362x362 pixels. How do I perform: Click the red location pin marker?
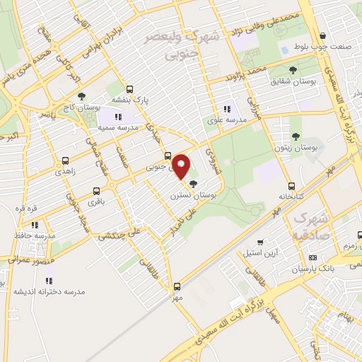(x=181, y=166)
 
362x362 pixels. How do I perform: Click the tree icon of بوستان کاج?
(x=81, y=96)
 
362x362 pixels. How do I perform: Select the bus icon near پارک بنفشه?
(x=129, y=90)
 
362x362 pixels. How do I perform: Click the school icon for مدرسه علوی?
(x=227, y=109)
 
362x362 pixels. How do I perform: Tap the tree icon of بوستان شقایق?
(x=293, y=69)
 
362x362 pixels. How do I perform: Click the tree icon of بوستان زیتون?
(x=296, y=136)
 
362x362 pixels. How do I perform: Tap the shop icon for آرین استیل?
(x=260, y=242)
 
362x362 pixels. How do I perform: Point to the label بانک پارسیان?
(x=294, y=269)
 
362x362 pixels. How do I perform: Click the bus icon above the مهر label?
(x=176, y=286)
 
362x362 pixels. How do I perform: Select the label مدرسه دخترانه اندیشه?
(x=49, y=291)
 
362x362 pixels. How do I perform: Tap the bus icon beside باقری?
(x=98, y=191)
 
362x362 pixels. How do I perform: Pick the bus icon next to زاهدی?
(x=65, y=161)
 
